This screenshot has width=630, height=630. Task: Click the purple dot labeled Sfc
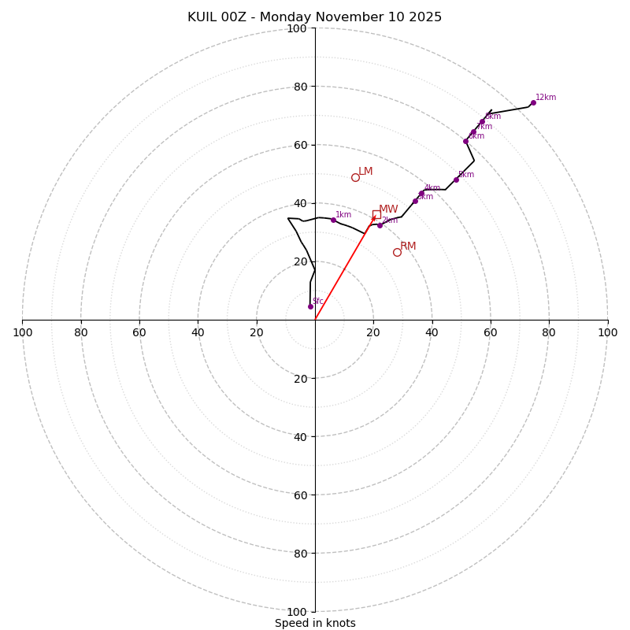[x=310, y=306]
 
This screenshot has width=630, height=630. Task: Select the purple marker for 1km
[x=333, y=220]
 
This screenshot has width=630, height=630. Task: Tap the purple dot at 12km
[x=533, y=102]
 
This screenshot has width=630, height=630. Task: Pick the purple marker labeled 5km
[x=456, y=180]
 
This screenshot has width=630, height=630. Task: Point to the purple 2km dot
[x=380, y=225]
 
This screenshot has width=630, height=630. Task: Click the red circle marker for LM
[x=355, y=177]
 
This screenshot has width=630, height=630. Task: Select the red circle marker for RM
[x=397, y=252]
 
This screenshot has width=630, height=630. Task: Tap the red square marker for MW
[x=376, y=214]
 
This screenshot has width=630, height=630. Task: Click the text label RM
[x=408, y=246]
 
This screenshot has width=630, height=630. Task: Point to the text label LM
[x=365, y=172]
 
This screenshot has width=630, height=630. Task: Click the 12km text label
[x=546, y=98]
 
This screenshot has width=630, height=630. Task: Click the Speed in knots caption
[x=315, y=623]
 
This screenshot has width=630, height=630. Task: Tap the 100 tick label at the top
[x=297, y=28]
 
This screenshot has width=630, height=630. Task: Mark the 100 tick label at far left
[x=23, y=332]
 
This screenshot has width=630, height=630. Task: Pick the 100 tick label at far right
[x=607, y=332]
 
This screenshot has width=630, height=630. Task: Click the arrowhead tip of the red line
[x=375, y=217]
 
